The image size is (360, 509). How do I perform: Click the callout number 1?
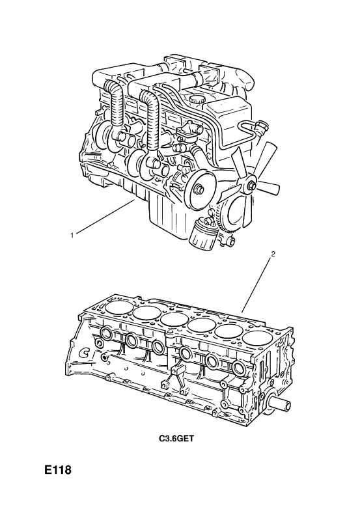click(72, 235)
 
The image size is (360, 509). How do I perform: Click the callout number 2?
click(273, 255)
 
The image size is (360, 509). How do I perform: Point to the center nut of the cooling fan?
click(252, 186)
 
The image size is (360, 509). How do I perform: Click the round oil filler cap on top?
click(197, 99)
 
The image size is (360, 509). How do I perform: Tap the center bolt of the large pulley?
click(197, 189)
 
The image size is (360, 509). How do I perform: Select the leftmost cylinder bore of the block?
click(118, 306)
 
